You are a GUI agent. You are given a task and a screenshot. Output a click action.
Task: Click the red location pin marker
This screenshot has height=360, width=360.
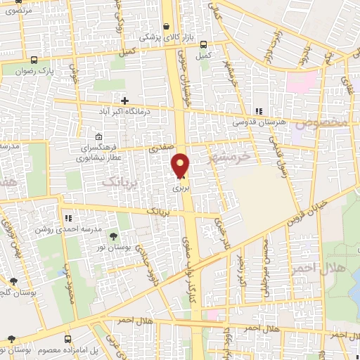tap(181, 165)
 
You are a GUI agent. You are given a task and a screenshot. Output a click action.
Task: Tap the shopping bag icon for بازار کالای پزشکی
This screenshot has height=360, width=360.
tap(165, 27)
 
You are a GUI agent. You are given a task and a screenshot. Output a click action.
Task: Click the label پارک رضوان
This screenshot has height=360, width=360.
tap(37, 70)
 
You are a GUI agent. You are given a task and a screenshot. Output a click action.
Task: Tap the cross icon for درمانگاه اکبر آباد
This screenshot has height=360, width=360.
tap(125, 101)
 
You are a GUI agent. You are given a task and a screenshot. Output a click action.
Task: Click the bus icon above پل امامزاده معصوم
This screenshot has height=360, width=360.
tap(12, 339)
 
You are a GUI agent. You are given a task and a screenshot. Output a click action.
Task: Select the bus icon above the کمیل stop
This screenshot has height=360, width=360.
tap(205, 44)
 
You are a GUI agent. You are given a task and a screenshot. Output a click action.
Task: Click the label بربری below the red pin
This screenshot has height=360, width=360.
tap(178, 188)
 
